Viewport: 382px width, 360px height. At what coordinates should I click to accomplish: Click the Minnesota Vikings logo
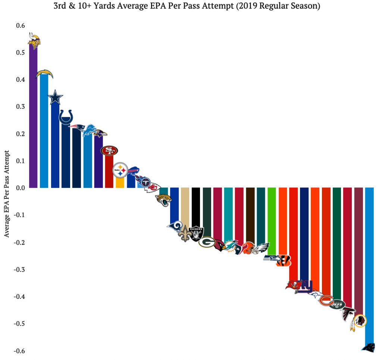click(x=34, y=41)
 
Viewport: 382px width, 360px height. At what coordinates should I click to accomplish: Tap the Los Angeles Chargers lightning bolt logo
click(x=44, y=74)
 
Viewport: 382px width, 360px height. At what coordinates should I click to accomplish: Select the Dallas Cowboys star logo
click(x=55, y=97)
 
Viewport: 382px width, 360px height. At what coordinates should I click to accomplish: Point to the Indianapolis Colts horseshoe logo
click(x=66, y=117)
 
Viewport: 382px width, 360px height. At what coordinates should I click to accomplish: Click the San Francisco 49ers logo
click(x=109, y=150)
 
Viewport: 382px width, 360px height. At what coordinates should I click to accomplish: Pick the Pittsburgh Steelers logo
click(x=120, y=170)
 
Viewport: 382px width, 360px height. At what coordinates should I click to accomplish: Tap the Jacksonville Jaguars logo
click(x=163, y=200)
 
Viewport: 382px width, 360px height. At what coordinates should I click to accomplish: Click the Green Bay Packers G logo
click(x=206, y=242)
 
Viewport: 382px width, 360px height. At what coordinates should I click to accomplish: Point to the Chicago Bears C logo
click(x=326, y=300)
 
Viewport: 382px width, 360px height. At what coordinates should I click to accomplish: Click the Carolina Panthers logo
click(x=369, y=347)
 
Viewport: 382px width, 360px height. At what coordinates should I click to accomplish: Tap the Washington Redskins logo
click(x=358, y=322)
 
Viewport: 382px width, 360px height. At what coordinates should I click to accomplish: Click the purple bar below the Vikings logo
click(x=33, y=120)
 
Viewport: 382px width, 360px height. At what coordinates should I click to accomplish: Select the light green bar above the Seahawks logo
click(x=272, y=220)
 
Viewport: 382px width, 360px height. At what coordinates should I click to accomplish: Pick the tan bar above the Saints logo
click(x=185, y=205)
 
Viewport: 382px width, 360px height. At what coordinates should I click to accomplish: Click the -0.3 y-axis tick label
click(x=19, y=269)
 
